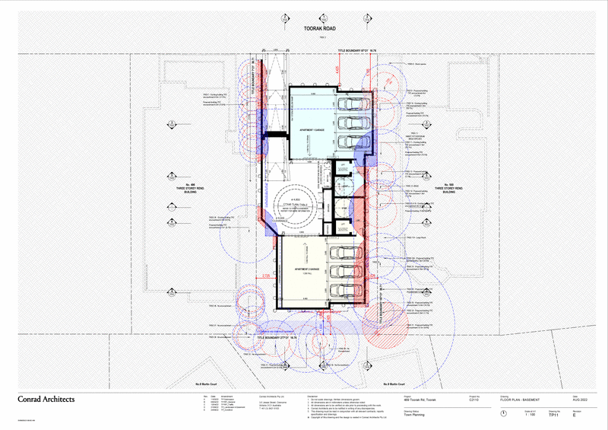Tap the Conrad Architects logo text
pyautogui.click(x=47, y=399)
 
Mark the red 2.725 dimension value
pyautogui.click(x=266, y=275)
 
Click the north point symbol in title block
pyautogui.click(x=505, y=413)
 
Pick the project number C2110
pyautogui.click(x=473, y=399)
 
